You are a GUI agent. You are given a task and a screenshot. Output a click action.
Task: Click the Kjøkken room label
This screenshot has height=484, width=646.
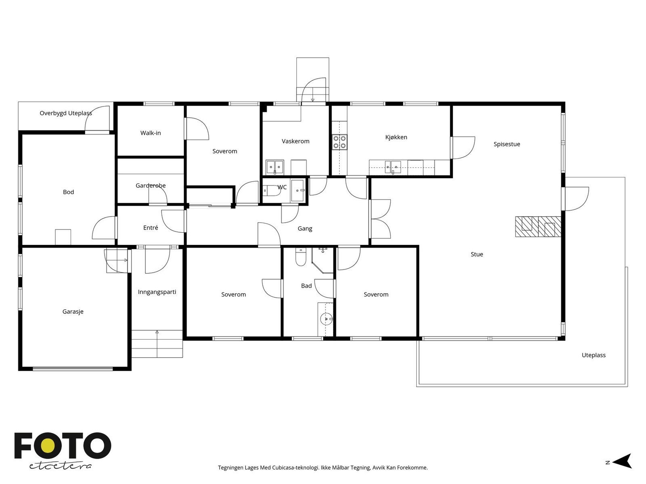tap(396, 137)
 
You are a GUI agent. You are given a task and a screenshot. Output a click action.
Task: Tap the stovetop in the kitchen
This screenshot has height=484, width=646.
tap(340, 142)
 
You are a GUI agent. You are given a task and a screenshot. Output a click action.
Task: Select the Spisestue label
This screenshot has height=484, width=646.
tap(506, 144)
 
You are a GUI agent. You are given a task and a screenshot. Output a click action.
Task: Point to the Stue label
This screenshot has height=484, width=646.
tap(476, 254)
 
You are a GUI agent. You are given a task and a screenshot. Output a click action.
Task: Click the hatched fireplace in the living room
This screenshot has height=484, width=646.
tap(538, 227)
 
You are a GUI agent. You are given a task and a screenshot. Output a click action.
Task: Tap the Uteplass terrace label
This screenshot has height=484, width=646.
tap(594, 355)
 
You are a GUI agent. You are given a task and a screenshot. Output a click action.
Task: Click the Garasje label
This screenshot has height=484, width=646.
tap(73, 311)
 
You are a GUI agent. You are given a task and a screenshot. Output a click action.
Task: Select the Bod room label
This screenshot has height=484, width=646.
tap(68, 192)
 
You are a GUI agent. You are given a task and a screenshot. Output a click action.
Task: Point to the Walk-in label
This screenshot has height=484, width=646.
tap(150, 133)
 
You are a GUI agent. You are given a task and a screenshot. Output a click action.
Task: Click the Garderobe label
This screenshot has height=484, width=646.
tap(150, 186)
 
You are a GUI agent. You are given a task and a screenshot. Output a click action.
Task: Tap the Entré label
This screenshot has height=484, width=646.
tap(150, 227)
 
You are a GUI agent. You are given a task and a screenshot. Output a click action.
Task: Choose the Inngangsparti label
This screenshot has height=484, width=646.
tap(157, 292)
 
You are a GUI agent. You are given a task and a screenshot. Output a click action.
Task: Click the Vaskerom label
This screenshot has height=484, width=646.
tap(296, 141)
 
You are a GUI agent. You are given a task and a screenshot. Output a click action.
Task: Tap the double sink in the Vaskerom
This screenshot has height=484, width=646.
tap(275, 167)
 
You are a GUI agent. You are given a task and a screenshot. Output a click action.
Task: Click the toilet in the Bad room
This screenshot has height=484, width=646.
tap(300, 257)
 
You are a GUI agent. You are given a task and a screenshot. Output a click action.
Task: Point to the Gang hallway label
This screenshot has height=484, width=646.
tap(304, 229)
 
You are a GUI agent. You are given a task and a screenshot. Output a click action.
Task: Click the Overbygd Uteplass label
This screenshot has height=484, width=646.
tap(66, 113)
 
